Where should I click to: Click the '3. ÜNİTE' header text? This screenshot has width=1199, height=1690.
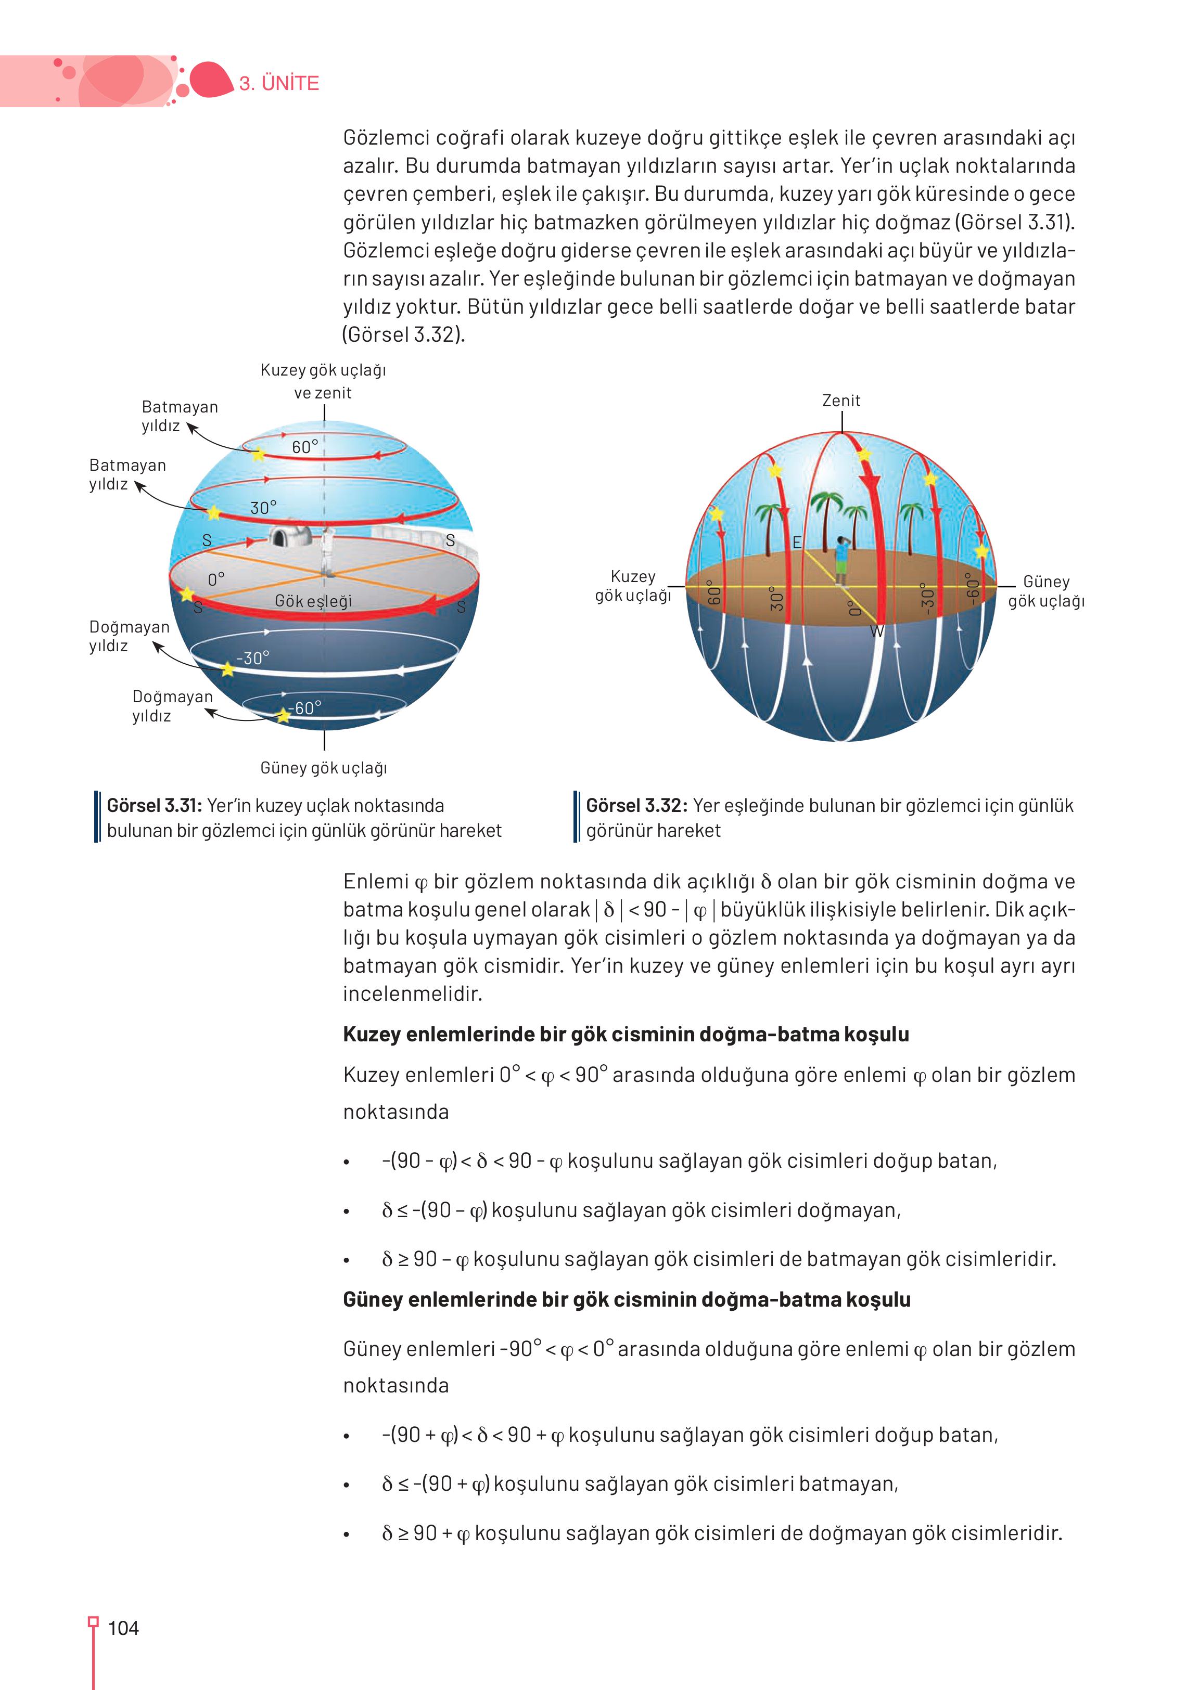tap(278, 83)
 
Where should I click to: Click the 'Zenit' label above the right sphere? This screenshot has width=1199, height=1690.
tap(841, 401)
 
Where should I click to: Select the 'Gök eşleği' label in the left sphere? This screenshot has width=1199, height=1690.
tap(313, 601)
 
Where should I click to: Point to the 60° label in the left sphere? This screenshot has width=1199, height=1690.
tap(305, 446)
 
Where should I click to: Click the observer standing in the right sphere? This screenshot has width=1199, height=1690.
tap(841, 559)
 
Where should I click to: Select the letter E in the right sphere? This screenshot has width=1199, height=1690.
tap(797, 543)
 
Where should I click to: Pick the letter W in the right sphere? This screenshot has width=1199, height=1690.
tap(876, 631)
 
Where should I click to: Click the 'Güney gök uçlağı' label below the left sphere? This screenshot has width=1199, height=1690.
tap(323, 768)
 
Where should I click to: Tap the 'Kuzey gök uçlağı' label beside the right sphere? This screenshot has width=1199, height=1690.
tap(633, 586)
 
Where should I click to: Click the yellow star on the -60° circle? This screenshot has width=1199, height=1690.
tap(284, 715)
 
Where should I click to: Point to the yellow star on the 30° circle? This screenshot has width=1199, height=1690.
tap(213, 512)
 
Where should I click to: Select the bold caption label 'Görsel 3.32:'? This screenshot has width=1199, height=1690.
tap(636, 805)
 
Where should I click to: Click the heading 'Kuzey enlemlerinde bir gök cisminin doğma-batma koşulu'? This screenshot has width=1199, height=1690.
tap(626, 1034)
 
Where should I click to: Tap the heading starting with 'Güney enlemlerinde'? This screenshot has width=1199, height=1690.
tap(626, 1299)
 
